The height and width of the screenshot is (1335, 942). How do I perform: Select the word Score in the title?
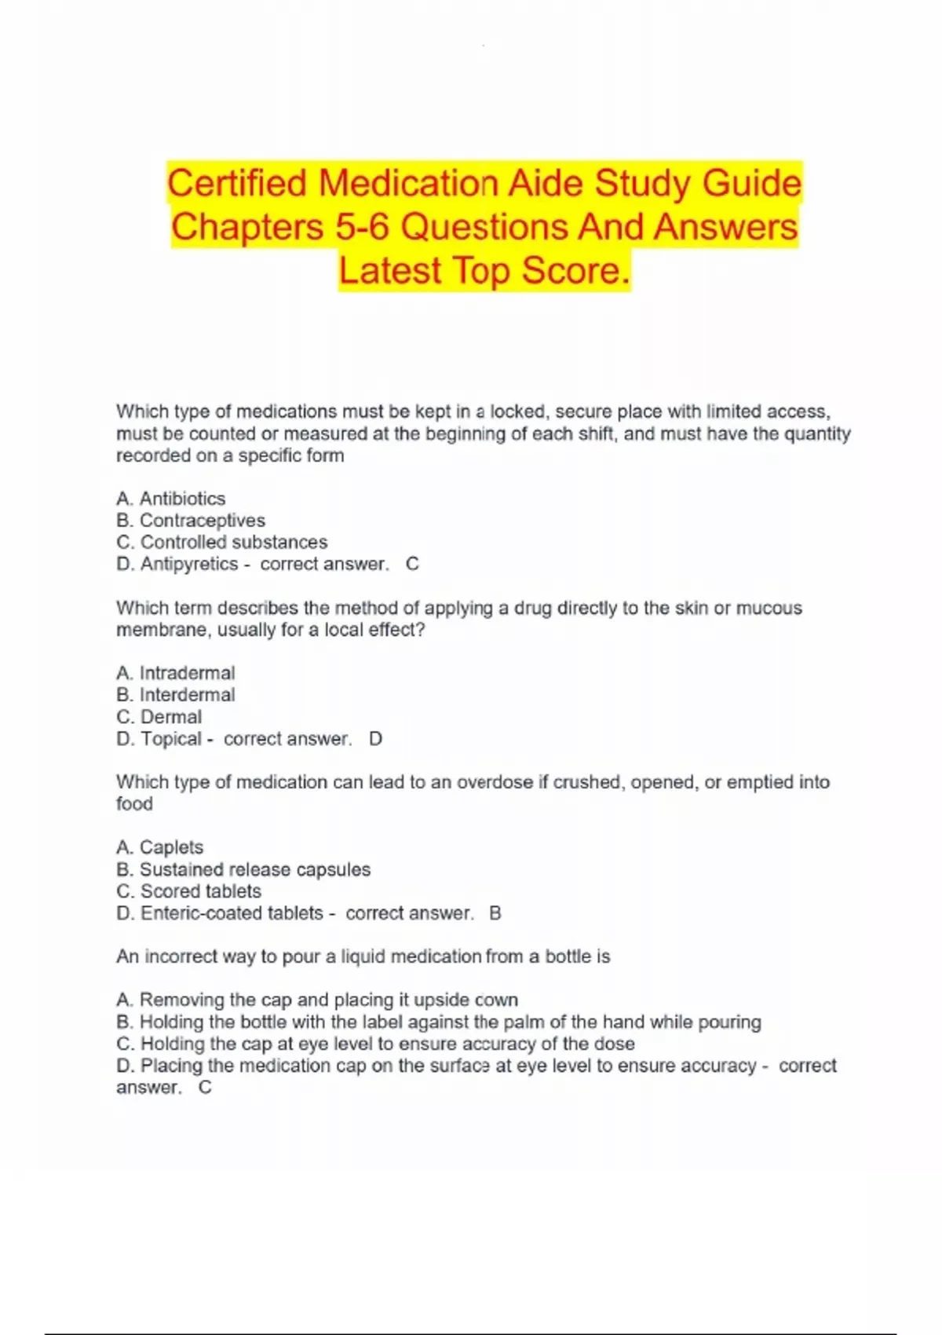[x=575, y=271]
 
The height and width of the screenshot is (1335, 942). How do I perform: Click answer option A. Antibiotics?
[x=170, y=499]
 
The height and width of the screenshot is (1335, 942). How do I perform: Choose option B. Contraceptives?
[x=191, y=521]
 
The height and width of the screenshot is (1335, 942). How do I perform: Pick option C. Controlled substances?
[x=222, y=543]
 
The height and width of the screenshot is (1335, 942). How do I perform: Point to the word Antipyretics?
[x=188, y=565]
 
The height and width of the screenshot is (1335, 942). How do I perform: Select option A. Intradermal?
[x=176, y=673]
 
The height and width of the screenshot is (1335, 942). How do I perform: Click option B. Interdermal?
[x=176, y=695]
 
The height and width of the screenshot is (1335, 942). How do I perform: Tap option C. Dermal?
[x=159, y=717]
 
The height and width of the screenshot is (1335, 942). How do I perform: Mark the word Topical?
[x=171, y=739]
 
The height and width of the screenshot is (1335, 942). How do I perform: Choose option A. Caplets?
[x=160, y=847]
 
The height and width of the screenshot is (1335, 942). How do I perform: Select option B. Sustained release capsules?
[x=243, y=869]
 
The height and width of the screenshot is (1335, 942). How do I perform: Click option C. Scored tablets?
[x=189, y=891]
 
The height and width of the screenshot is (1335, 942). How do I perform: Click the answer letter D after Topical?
[x=375, y=739]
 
